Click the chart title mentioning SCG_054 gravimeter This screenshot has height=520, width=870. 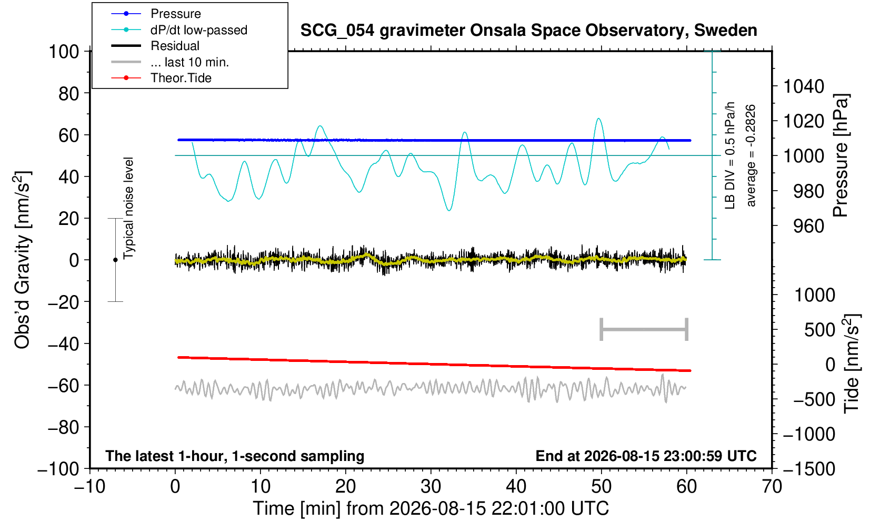(528, 31)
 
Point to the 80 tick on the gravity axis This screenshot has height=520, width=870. (69, 93)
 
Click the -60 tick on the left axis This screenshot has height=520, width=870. (63, 386)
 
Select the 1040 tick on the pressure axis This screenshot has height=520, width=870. (804, 86)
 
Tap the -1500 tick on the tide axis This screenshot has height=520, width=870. (809, 469)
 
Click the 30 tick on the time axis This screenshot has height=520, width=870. (431, 487)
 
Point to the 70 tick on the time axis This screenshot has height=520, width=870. (772, 487)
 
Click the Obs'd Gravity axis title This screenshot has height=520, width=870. (22, 260)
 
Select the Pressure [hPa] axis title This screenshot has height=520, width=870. (841, 155)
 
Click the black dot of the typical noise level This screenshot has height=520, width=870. (115, 260)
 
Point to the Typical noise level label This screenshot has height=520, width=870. (128, 209)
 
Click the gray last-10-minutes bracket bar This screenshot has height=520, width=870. (644, 329)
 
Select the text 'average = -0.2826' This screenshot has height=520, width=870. (751, 155)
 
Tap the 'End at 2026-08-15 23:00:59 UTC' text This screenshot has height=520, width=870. (646, 456)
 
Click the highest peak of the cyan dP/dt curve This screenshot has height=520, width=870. (598, 118)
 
